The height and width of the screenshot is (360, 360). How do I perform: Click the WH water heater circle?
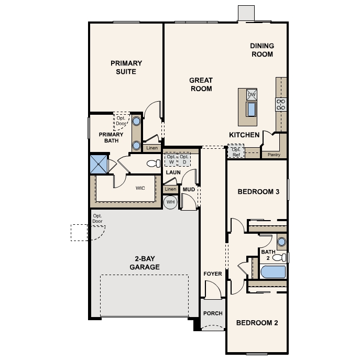[x=170, y=202]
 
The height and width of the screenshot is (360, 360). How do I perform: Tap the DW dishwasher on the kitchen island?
[x=252, y=95]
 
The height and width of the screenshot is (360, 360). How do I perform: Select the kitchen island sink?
[x=252, y=109]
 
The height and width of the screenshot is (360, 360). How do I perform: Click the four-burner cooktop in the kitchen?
[x=281, y=104]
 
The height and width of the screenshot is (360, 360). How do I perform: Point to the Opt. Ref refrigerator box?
[x=236, y=151]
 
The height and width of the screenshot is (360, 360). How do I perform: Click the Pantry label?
[x=274, y=155]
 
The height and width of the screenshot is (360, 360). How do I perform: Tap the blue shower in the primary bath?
[x=99, y=164]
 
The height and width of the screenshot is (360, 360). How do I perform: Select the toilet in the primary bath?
[x=154, y=163]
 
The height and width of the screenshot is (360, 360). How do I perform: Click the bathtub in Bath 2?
[x=273, y=272]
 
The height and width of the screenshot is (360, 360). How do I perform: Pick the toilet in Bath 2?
[x=279, y=258]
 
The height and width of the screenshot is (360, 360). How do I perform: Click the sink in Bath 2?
[x=282, y=242]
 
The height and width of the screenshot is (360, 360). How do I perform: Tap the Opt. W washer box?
[x=171, y=159]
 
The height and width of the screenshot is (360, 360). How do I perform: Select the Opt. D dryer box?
[x=184, y=159]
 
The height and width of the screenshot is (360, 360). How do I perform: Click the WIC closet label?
[x=140, y=188]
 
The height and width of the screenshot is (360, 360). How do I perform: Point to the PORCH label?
[x=213, y=313]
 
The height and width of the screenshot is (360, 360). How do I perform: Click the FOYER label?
[x=213, y=274]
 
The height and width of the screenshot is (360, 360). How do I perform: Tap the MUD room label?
[x=189, y=190]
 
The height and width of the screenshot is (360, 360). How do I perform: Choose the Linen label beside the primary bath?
[x=152, y=148]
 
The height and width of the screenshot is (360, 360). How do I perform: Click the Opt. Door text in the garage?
[x=97, y=219]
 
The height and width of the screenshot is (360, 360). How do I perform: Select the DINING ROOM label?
[x=262, y=50]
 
